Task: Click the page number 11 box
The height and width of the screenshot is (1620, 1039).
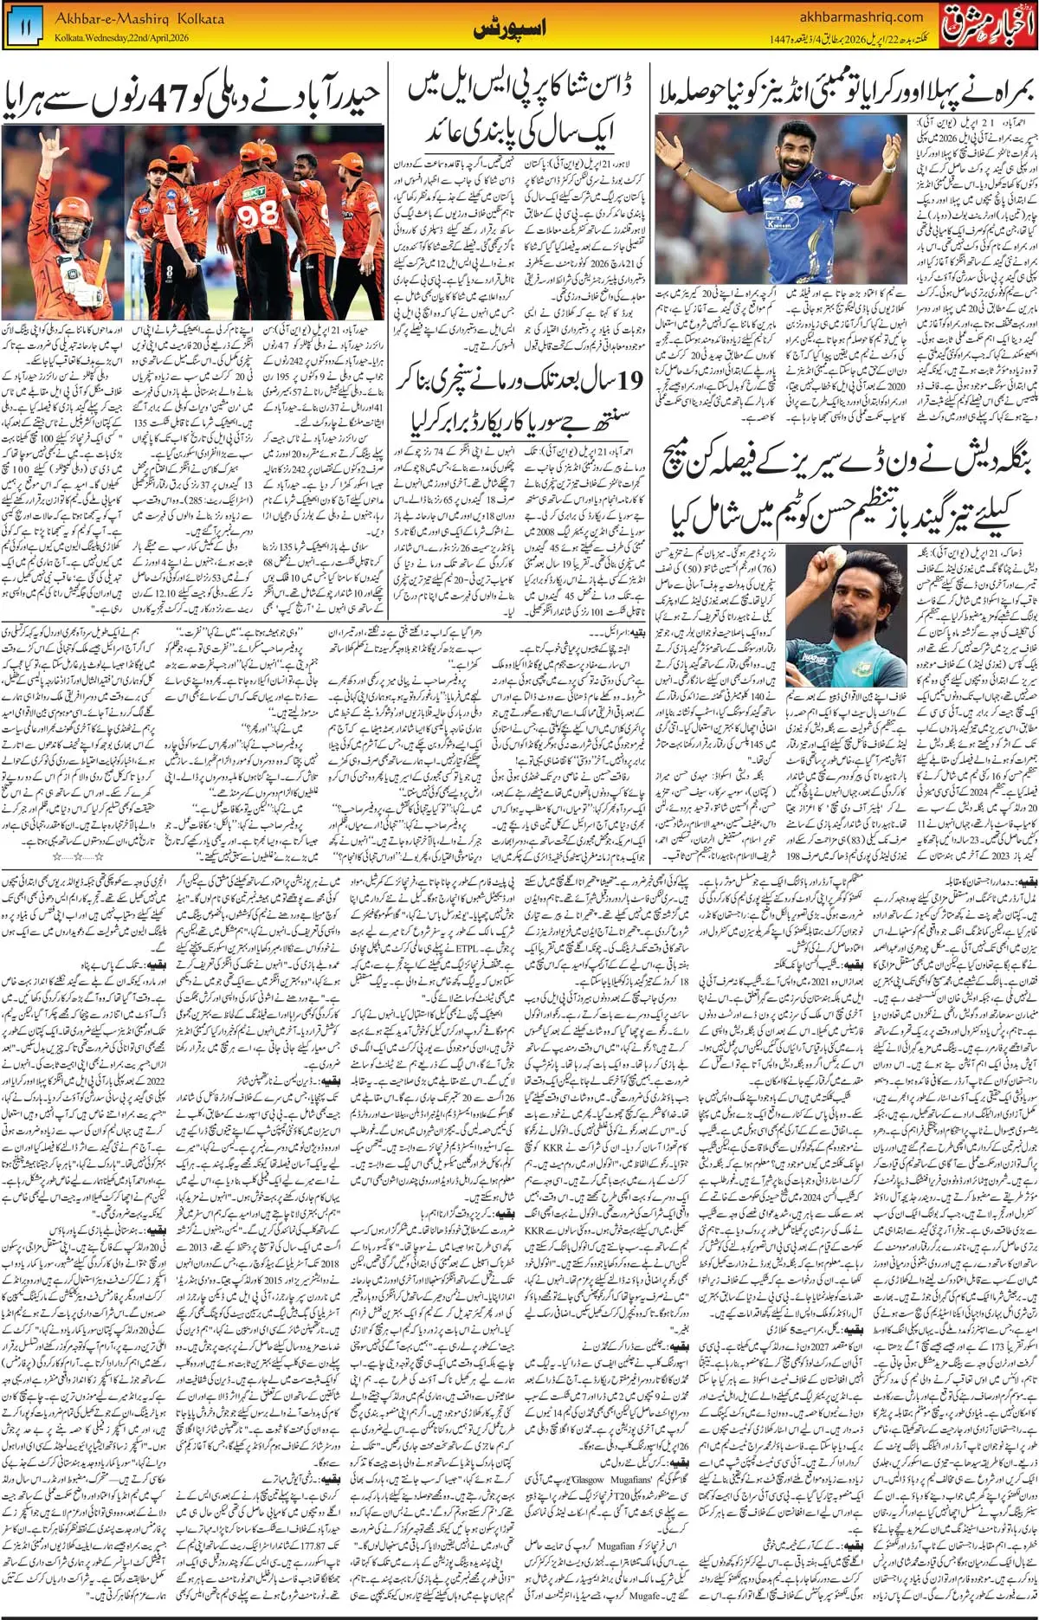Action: tap(25, 29)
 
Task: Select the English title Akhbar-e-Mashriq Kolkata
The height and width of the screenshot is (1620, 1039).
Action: tap(139, 18)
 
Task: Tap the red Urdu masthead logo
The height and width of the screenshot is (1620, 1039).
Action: tap(987, 26)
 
